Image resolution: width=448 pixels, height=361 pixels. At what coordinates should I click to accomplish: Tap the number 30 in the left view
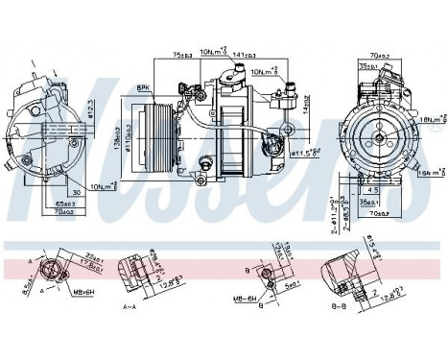click(74, 192)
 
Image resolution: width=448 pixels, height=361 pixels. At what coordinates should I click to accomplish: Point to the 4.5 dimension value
click(374, 189)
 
